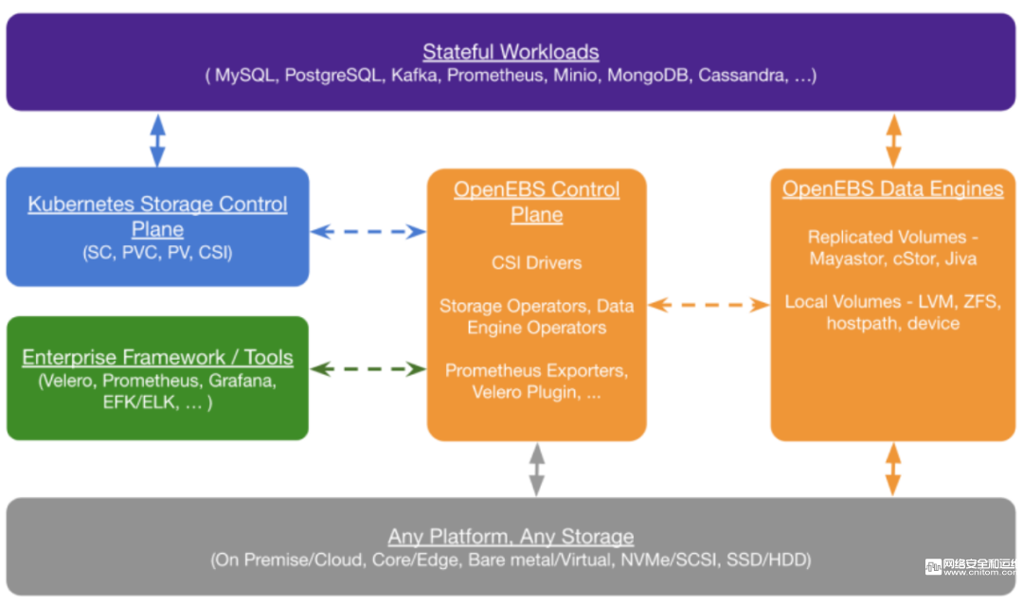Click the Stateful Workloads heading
pos(511,52)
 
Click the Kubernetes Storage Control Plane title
pos(157,216)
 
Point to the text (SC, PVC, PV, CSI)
pos(157,253)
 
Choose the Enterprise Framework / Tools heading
pos(157,358)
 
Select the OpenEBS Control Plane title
pos(536,202)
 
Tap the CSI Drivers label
pos(536,262)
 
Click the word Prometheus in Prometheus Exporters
pos(489,370)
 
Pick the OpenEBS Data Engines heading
pos(892,189)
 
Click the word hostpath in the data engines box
pos(859,324)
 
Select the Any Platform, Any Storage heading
pos(511,537)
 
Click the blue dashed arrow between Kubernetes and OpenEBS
pos(368,231)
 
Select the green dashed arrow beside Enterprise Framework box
pos(368,368)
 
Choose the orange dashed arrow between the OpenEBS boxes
pos(708,305)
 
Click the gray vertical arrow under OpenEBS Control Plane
pos(537,469)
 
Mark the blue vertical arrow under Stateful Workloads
pos(158,140)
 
